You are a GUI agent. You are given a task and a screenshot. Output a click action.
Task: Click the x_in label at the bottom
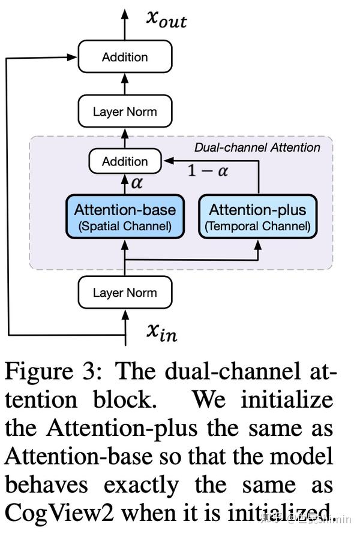pyautogui.click(x=162, y=332)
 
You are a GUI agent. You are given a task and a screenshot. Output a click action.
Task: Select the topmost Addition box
pyautogui.click(x=125, y=58)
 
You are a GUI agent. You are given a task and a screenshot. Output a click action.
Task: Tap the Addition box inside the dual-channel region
pyautogui.click(x=125, y=161)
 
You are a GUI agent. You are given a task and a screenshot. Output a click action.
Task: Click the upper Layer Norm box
pyautogui.click(x=125, y=112)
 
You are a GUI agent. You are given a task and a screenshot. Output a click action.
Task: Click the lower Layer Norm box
pyautogui.click(x=125, y=293)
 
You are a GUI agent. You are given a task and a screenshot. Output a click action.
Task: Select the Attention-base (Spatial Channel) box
pyautogui.click(x=125, y=217)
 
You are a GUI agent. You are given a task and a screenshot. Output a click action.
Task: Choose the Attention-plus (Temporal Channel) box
pyautogui.click(x=257, y=217)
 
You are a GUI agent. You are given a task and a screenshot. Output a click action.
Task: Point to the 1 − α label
pyautogui.click(x=208, y=171)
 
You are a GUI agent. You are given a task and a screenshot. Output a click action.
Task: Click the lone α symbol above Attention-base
pyautogui.click(x=137, y=183)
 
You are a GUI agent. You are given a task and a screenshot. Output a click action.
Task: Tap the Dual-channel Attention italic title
pyautogui.click(x=257, y=147)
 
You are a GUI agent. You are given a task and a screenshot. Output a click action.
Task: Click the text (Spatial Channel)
pyautogui.click(x=125, y=227)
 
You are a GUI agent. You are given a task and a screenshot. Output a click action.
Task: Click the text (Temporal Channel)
pyautogui.click(x=257, y=227)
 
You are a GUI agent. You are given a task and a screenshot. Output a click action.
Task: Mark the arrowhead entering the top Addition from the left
pyautogui.click(x=73, y=58)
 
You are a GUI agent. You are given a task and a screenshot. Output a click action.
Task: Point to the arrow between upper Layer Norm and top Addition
pyautogui.click(x=125, y=85)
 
